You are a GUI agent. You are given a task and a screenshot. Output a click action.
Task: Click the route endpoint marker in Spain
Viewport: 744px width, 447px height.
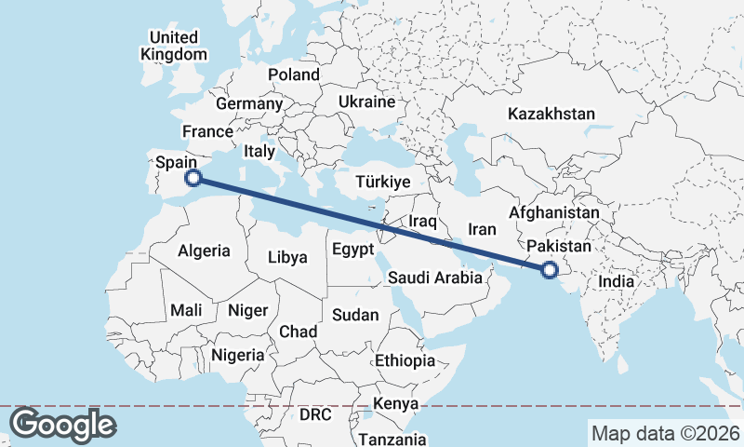pos(193,177)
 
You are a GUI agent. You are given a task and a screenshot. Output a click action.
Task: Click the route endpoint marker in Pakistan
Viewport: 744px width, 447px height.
pos(549,270)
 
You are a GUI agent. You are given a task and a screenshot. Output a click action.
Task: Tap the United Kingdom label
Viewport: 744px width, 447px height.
pos(174,46)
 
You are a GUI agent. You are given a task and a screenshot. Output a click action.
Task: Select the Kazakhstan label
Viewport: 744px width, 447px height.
pos(551,114)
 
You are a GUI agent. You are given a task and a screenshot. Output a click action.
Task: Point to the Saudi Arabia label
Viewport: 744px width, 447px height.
pos(435,278)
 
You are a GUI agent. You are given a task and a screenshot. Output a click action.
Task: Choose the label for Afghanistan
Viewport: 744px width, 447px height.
pos(554,212)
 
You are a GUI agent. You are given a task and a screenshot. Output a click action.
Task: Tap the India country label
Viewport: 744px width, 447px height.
pos(617,281)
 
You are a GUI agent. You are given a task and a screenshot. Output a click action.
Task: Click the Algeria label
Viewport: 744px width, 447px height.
pos(204,251)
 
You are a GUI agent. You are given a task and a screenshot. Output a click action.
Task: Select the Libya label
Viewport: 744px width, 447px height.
pos(287,257)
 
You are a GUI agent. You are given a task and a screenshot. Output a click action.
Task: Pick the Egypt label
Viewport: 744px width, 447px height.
pos(352,250)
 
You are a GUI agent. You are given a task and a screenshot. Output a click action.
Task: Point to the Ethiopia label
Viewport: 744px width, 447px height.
pos(405,360)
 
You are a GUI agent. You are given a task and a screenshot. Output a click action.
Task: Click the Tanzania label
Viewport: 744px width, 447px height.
pos(392,439)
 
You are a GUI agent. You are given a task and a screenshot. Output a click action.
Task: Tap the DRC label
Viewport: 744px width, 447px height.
pos(315,413)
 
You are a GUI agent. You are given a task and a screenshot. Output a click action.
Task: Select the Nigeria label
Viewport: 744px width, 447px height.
pos(238,355)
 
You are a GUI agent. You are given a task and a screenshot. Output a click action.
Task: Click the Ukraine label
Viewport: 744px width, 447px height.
pos(367,102)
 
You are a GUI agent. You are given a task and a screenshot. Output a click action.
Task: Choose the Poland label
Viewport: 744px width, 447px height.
pos(293,74)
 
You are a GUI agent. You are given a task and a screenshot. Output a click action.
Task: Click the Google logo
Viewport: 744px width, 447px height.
pos(62,425)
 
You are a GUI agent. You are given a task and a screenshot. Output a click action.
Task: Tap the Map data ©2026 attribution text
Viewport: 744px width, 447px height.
pos(666,433)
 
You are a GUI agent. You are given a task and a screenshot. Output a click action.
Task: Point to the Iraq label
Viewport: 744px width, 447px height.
pos(423,221)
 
